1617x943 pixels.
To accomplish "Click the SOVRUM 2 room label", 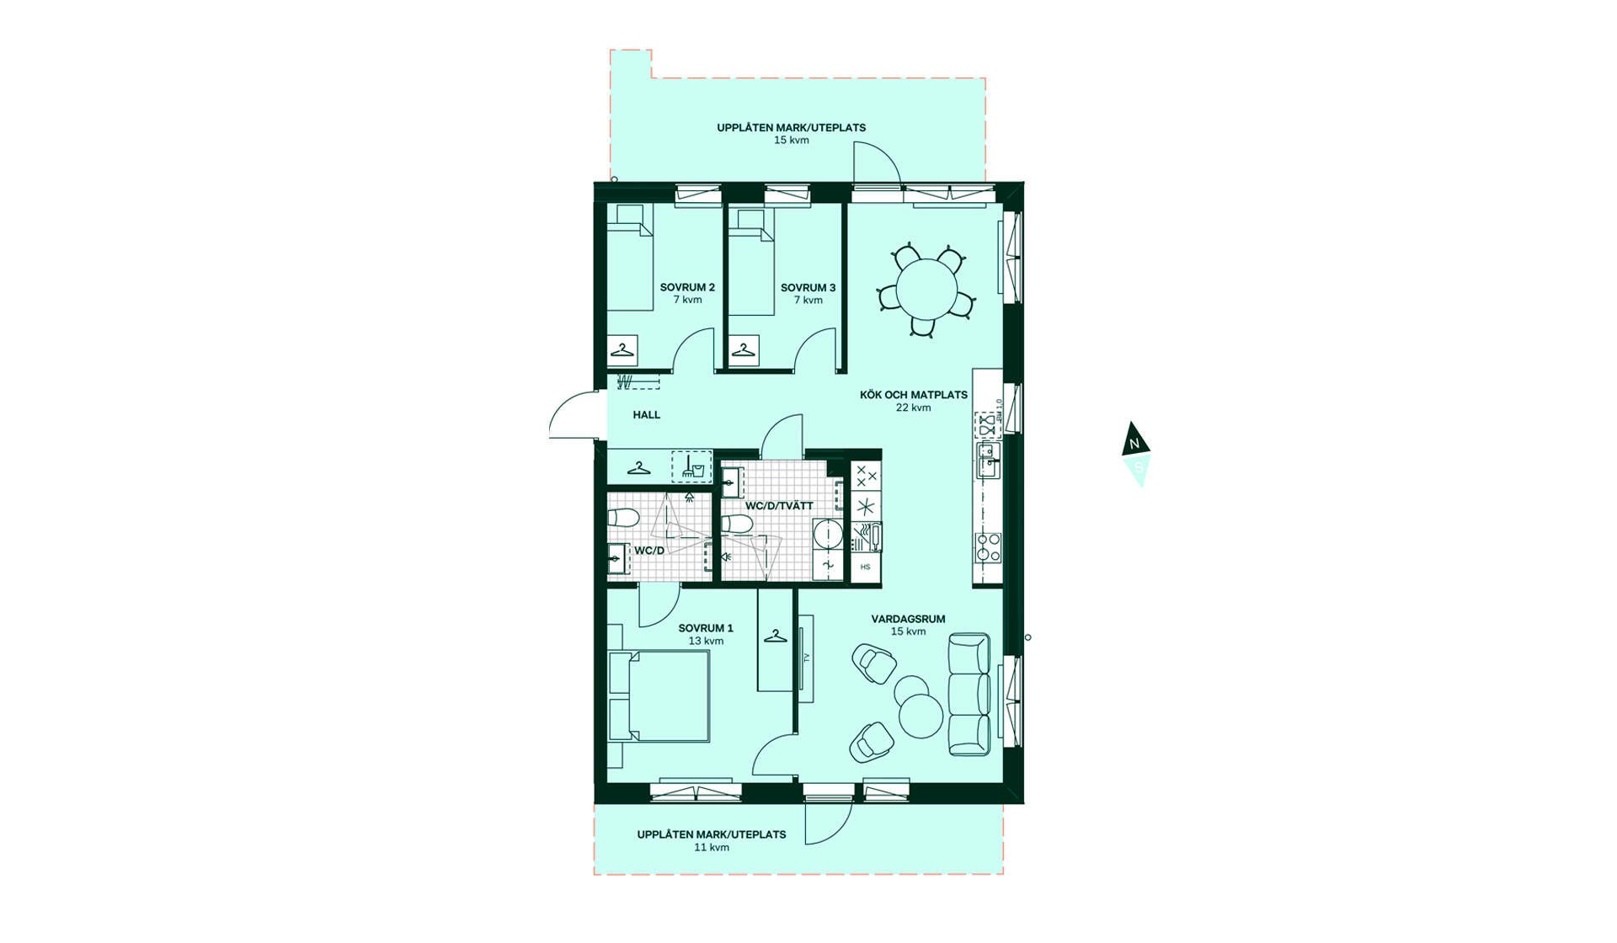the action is [x=687, y=288].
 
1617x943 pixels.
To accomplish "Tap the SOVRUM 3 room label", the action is [x=808, y=288].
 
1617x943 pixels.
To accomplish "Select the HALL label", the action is [x=647, y=415].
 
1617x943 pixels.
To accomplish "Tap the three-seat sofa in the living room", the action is [x=969, y=695].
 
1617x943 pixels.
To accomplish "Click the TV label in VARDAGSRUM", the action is [x=806, y=658].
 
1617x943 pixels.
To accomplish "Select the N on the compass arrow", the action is [x=1134, y=444].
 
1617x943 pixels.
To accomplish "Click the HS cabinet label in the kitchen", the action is [x=866, y=567].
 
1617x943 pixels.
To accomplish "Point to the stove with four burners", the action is [x=989, y=547].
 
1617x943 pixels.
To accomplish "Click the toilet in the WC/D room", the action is [x=624, y=517].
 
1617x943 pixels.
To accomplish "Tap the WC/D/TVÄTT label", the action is [x=779, y=506].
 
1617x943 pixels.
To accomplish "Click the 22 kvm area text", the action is [x=914, y=408].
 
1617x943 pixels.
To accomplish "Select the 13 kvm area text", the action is [x=706, y=641].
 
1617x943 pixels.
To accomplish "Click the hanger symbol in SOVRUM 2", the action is [x=622, y=350].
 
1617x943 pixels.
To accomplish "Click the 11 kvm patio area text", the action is [x=712, y=847].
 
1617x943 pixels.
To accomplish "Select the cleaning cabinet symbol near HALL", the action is [x=691, y=466].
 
